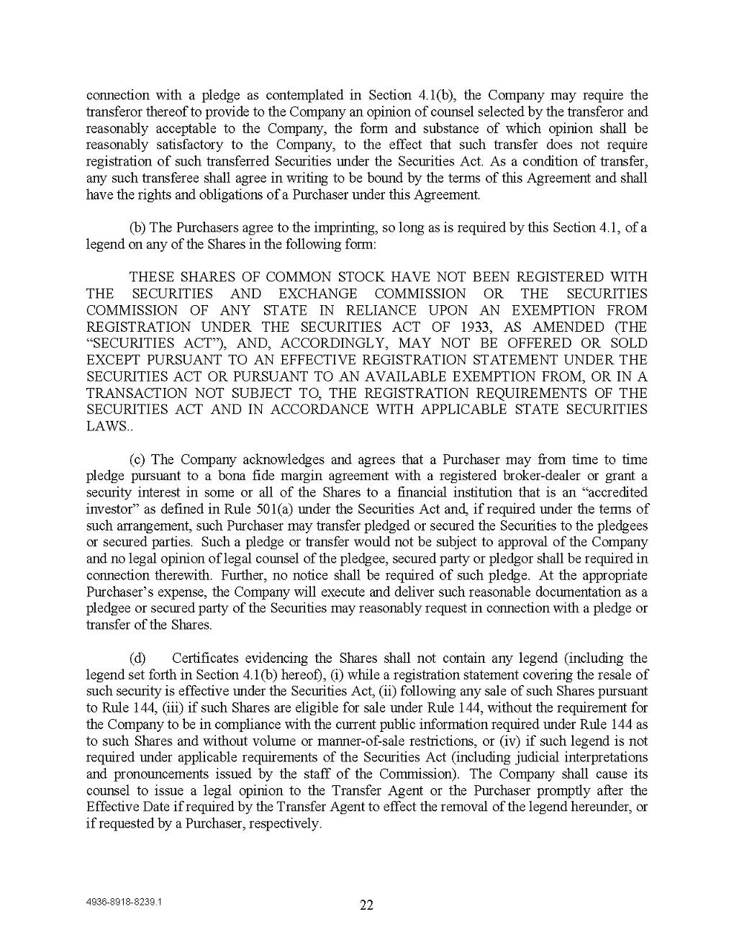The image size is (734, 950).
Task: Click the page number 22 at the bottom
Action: (x=366, y=905)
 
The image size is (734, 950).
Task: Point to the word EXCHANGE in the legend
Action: (x=317, y=294)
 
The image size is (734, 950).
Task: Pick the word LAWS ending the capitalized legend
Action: (x=105, y=426)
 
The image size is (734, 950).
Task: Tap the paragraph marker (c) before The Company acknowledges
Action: (x=139, y=459)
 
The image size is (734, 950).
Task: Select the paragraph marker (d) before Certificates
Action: (x=137, y=658)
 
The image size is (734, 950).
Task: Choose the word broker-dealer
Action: (x=525, y=476)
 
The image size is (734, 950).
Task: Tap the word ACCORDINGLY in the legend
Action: (x=332, y=343)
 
